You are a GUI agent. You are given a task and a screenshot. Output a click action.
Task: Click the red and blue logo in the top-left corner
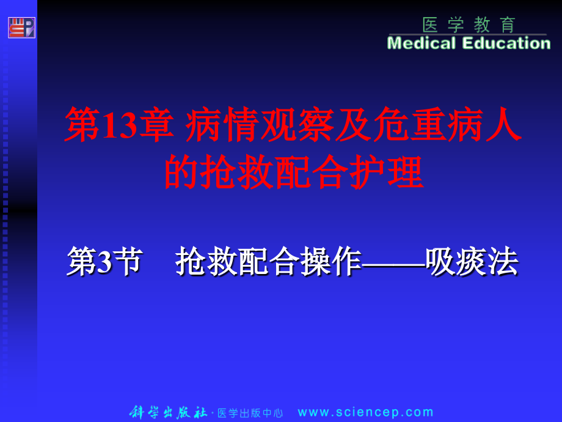click(21, 28)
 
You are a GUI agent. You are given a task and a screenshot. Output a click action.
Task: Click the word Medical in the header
click(422, 43)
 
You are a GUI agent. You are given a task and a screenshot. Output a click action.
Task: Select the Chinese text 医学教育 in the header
click(469, 25)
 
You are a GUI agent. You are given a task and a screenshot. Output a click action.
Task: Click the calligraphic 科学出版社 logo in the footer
click(169, 413)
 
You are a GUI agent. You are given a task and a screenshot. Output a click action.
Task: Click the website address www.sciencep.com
click(365, 413)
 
